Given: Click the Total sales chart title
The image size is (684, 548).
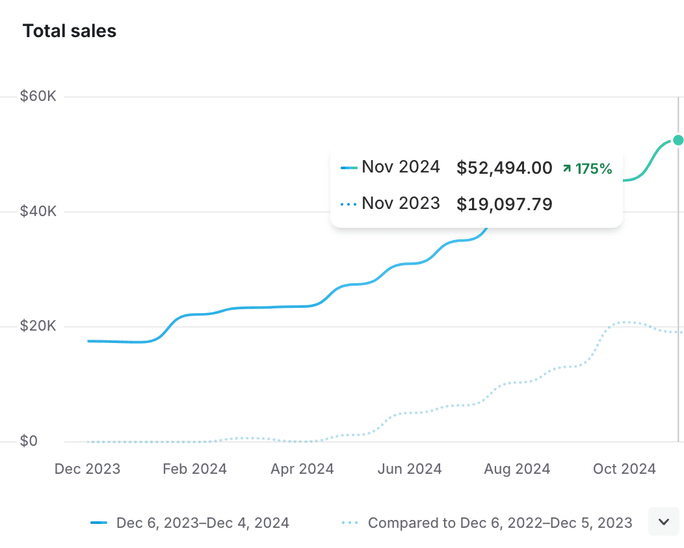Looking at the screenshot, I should (x=70, y=31).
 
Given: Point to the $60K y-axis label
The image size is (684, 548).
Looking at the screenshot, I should (x=38, y=96).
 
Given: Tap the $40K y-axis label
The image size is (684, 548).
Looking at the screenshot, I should (x=38, y=212).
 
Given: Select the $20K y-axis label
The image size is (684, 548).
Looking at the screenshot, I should (x=38, y=326).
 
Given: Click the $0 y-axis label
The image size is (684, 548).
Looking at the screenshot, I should (x=29, y=441).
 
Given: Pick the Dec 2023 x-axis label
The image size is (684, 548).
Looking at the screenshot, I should (x=87, y=469).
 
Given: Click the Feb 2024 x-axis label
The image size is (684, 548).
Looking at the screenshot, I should (x=194, y=469).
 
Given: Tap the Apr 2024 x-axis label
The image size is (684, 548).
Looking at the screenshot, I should (x=302, y=469).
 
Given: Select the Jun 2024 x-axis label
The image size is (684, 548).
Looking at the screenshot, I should (x=410, y=469).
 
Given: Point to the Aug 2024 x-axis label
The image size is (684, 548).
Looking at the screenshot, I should (x=517, y=469).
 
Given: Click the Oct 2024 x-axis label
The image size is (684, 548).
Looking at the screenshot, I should (x=624, y=469).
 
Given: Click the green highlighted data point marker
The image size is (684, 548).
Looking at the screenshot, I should (x=678, y=140).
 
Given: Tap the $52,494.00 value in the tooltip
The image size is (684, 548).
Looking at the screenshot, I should (x=505, y=169).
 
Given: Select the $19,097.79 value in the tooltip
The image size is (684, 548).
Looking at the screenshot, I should (x=505, y=204).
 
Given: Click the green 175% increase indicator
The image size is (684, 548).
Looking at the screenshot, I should (x=588, y=169).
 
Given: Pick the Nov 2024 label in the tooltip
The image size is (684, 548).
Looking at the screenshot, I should (x=401, y=167).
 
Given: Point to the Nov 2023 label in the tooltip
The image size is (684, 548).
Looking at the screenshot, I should (x=401, y=204).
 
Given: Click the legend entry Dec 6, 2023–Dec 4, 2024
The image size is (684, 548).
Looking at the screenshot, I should (x=202, y=523).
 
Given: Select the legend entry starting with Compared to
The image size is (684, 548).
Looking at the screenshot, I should (x=499, y=523).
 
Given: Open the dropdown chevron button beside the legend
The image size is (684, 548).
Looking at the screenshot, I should (x=664, y=522).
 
